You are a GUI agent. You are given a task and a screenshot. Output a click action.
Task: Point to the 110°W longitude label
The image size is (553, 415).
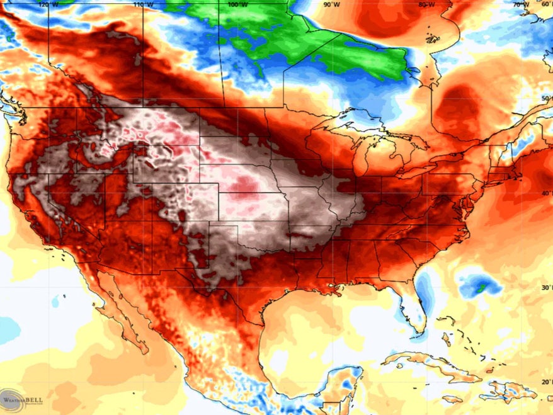click(x=142, y=4)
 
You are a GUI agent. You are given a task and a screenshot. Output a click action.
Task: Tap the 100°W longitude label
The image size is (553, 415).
click(x=237, y=4)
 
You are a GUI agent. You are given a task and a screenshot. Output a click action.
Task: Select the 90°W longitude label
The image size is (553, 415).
click(x=331, y=4)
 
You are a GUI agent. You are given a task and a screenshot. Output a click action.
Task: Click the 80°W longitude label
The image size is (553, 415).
click(x=426, y=4)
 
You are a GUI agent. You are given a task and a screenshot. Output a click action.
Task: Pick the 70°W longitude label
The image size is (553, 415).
click(x=520, y=4)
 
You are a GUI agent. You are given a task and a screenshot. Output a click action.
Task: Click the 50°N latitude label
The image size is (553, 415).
click(x=546, y=99)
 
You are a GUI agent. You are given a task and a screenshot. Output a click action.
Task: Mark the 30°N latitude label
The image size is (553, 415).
click(x=546, y=287)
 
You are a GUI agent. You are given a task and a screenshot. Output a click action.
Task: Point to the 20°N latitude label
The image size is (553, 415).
click(x=546, y=382)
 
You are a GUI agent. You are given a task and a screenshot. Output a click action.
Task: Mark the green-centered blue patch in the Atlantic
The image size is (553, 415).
click(x=480, y=285)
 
